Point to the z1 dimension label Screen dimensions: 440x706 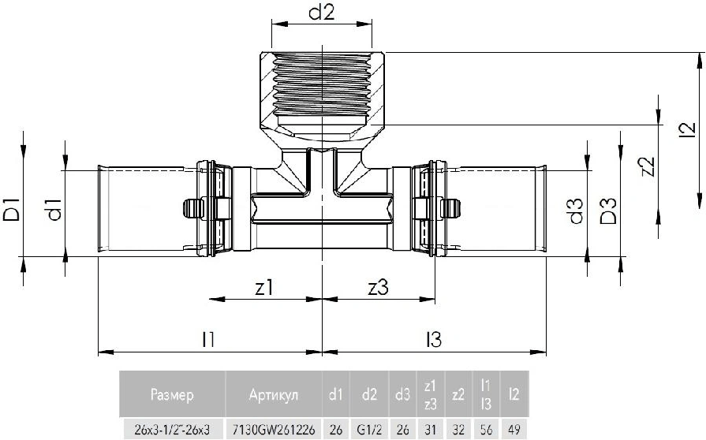coord(264,288)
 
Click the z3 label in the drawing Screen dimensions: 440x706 coord(378,288)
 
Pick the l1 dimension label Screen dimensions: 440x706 coord(208,339)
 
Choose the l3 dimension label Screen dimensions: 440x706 coord(433,339)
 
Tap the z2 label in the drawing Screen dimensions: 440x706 coord(647,168)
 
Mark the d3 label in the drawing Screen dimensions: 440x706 coord(577,211)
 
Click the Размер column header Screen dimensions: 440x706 coord(170,394)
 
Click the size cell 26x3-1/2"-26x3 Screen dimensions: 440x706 coord(171,429)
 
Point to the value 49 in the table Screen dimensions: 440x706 coord(514,429)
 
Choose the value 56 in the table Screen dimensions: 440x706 coord(486,429)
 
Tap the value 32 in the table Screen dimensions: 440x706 coord(458,429)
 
